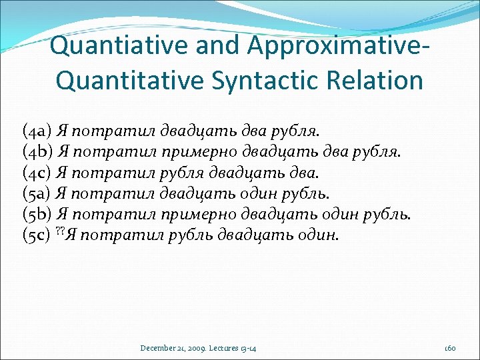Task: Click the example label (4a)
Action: tap(38, 129)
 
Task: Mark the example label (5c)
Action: tap(37, 235)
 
